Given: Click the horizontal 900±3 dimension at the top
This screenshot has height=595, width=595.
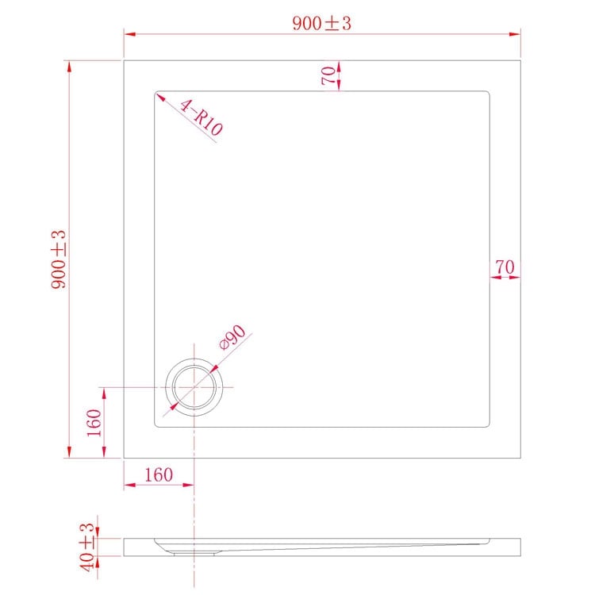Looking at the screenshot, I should (321, 24).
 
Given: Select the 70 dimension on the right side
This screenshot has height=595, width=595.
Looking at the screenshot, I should (505, 267).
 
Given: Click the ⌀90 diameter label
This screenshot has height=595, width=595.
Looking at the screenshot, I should (233, 340).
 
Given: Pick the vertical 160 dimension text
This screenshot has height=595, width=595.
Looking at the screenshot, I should (94, 423).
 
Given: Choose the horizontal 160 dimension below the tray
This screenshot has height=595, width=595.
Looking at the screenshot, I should (159, 475).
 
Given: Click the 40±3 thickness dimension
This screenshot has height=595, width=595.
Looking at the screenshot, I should (87, 545).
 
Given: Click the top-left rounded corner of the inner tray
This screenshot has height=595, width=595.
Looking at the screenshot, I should (156, 93).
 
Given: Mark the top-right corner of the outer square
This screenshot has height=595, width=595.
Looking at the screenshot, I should (520, 59).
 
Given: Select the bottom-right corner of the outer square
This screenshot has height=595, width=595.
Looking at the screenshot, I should (520, 458).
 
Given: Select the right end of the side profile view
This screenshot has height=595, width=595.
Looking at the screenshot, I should (520, 547).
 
